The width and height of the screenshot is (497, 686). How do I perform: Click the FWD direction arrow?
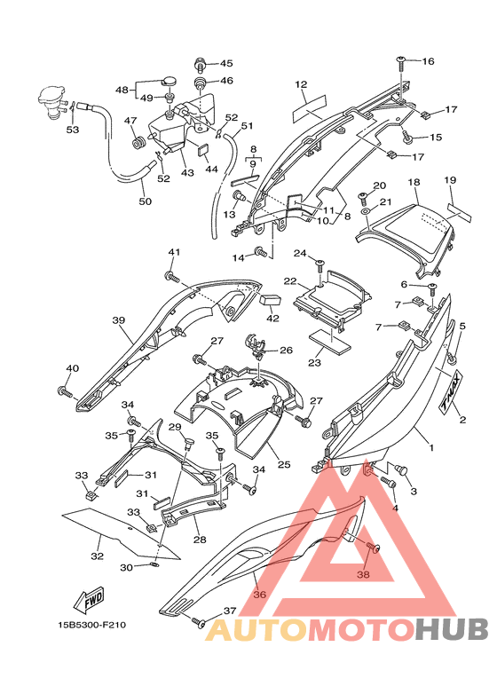click(x=90, y=598)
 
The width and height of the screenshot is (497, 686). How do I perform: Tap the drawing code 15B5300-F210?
click(x=92, y=625)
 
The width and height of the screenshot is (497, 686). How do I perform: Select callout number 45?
click(x=226, y=63)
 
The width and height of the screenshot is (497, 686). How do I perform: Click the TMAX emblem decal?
click(x=451, y=390)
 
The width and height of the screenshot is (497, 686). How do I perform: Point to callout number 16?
click(x=428, y=61)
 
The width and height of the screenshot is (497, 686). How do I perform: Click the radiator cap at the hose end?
click(x=51, y=101)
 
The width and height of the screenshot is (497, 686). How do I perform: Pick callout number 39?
click(x=119, y=320)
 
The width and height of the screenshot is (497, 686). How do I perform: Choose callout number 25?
click(x=284, y=464)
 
